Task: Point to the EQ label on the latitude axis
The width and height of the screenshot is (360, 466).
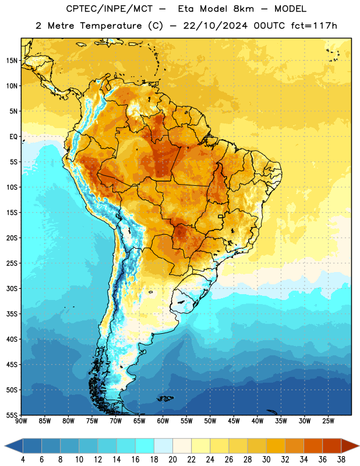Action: (x=13, y=137)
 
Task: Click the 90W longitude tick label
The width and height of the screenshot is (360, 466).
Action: (x=21, y=421)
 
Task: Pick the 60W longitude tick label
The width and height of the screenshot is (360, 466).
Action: (x=163, y=421)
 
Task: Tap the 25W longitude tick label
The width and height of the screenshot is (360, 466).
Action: (x=328, y=421)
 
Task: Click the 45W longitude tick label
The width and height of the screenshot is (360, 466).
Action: (x=234, y=421)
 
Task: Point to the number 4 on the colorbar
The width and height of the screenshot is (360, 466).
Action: (x=23, y=460)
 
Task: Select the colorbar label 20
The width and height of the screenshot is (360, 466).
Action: (x=172, y=460)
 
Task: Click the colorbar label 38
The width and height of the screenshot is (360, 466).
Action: (x=341, y=460)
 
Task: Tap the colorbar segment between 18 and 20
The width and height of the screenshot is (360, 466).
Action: (x=163, y=446)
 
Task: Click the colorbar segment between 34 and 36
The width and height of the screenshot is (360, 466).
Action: (x=313, y=446)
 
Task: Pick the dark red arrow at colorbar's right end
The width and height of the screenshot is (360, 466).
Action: (x=350, y=446)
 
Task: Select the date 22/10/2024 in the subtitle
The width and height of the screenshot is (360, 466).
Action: (x=215, y=26)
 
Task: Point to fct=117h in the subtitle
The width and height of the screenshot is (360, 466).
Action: (x=314, y=26)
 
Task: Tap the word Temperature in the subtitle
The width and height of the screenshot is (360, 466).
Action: (x=111, y=26)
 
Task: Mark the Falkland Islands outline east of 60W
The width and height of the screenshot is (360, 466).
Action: (x=165, y=398)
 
